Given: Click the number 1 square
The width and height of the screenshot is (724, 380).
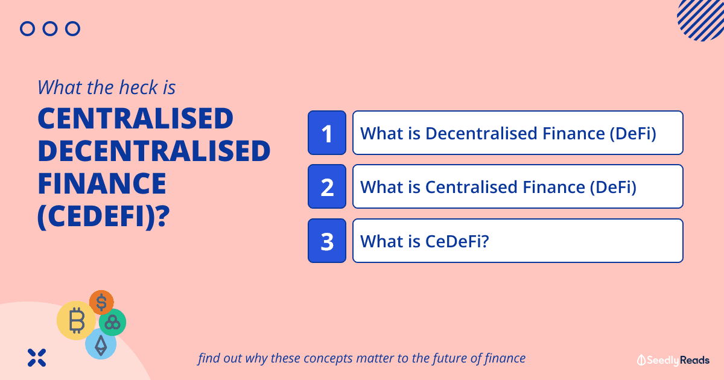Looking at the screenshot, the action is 327,133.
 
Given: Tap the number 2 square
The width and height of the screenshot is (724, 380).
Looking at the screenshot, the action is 327,186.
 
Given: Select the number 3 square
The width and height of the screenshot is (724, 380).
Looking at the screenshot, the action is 327,241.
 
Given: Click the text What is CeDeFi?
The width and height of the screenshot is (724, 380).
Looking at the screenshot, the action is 424,241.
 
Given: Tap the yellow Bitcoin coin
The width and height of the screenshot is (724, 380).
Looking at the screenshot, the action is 76,320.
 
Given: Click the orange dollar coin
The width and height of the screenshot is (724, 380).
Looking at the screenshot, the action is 101,302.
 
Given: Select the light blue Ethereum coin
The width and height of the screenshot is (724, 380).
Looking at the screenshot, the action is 101,344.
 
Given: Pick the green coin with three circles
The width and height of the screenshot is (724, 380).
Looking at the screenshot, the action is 112,322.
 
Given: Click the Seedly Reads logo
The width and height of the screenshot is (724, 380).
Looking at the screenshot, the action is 673,360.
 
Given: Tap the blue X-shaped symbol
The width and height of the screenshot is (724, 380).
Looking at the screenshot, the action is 37,358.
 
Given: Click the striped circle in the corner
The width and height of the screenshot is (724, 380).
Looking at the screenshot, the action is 703,19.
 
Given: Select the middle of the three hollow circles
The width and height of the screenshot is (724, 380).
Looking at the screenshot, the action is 50,29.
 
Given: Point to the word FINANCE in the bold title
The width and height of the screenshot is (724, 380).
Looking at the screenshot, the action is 102,183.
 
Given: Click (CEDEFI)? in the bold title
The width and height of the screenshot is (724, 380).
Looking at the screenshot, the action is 104,217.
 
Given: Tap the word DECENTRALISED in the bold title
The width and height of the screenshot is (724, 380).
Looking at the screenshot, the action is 154,151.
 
